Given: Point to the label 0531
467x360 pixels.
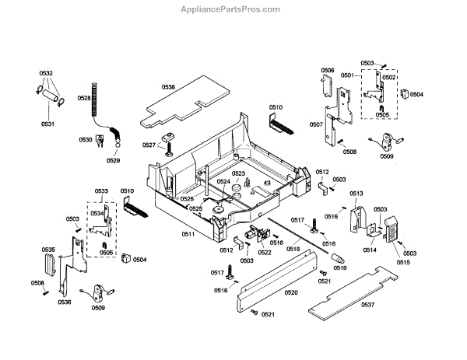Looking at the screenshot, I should pyautogui.click(x=47, y=124).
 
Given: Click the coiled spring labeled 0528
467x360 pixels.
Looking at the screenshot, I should pyautogui.click(x=96, y=97).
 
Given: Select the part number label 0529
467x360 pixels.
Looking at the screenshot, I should pyautogui.click(x=113, y=160).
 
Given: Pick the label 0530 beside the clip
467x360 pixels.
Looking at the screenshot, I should pyautogui.click(x=85, y=140).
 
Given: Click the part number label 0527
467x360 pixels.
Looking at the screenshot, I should pyautogui.click(x=149, y=145).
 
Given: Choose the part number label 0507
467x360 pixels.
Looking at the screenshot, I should pyautogui.click(x=316, y=124).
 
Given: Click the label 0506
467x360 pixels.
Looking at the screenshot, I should pyautogui.click(x=328, y=71).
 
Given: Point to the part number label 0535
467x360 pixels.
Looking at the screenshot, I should pyautogui.click(x=48, y=250).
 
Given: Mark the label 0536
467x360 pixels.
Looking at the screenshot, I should pyautogui.click(x=64, y=302).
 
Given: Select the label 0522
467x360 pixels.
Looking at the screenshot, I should pyautogui.click(x=265, y=253).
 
